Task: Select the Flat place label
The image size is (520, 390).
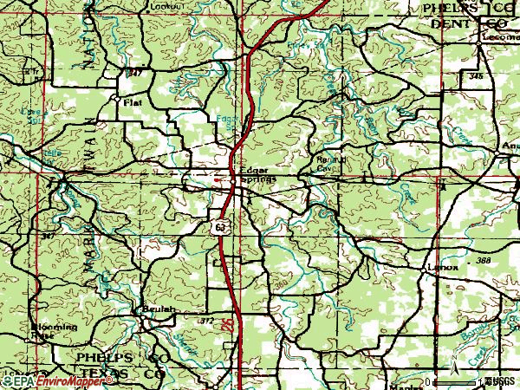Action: pyautogui.click(x=133, y=101)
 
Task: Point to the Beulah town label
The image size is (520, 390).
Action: pyautogui.click(x=160, y=309)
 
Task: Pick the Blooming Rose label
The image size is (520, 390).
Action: pyautogui.click(x=54, y=329)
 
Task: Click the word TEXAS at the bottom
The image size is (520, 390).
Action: pyautogui.click(x=100, y=374)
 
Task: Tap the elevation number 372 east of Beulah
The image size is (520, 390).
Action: pyautogui.click(x=206, y=322)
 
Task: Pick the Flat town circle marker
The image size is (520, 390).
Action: pyautogui.click(x=117, y=99)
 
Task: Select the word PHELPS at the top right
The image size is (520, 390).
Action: pyautogui.click(x=447, y=8)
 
